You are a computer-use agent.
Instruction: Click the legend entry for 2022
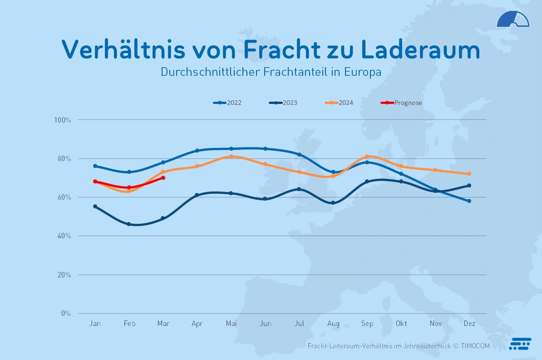(228, 103)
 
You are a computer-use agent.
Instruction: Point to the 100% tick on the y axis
(62, 120)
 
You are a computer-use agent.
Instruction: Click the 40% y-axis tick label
(64, 236)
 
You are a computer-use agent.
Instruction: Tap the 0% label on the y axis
(66, 313)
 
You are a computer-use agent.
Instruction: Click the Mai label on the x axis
(231, 324)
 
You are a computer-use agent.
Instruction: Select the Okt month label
(401, 324)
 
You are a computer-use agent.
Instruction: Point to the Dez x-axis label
(469, 324)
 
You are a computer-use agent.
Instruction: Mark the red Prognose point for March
(163, 178)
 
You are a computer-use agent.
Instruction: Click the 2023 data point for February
(129, 224)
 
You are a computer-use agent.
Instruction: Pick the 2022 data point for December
(469, 201)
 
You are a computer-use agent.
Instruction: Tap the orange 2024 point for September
(367, 157)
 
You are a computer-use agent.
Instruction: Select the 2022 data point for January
(95, 166)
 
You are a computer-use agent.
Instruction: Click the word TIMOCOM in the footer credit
(476, 346)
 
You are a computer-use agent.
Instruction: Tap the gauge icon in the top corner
(513, 19)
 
